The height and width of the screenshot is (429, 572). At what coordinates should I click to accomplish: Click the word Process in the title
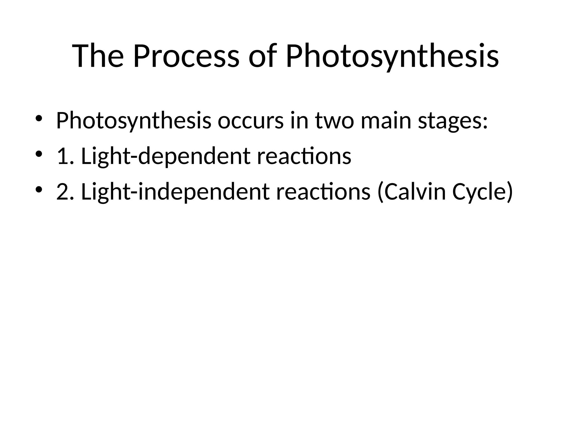click(x=186, y=56)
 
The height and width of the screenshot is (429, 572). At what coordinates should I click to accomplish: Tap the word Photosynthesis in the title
click(x=392, y=56)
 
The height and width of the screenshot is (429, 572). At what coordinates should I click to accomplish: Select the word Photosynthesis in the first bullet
click(x=134, y=121)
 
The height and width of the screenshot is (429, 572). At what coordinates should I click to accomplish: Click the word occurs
click(x=250, y=121)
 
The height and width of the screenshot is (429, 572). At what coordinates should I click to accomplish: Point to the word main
click(x=386, y=121)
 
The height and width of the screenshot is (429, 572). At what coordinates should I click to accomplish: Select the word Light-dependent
click(x=165, y=156)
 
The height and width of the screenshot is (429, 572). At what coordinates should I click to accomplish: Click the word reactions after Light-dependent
click(x=304, y=156)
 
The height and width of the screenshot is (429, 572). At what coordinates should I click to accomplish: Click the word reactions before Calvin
click(x=323, y=192)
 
